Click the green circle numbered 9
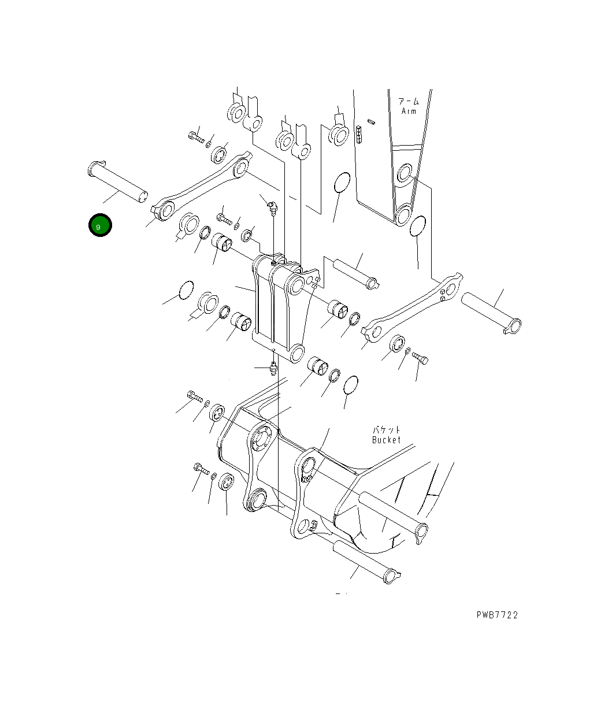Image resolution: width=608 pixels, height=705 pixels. click(x=100, y=225)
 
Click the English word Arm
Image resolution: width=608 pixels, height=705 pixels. click(x=409, y=111)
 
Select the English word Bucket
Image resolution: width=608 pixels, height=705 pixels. click(x=386, y=440)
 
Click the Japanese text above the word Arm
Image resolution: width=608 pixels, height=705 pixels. click(x=409, y=101)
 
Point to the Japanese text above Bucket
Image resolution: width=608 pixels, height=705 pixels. click(x=386, y=430)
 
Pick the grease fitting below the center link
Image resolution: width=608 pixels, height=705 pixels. click(x=273, y=368)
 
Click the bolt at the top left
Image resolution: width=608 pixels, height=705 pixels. click(x=196, y=137)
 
